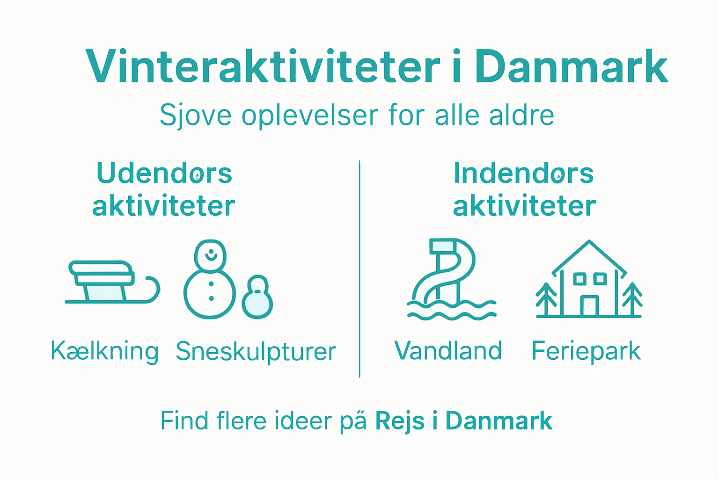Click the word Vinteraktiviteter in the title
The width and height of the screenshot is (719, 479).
(263, 67)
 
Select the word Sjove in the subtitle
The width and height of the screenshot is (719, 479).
(195, 115)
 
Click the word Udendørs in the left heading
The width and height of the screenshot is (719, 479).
(164, 173)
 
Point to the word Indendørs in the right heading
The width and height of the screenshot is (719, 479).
(523, 173)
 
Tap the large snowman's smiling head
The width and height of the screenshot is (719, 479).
(211, 255)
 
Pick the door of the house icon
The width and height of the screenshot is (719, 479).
(589, 305)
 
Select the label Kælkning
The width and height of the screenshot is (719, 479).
(104, 351)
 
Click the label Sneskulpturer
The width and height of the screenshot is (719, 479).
(256, 352)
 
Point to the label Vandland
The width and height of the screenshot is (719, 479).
(448, 351)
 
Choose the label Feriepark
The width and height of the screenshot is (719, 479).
(586, 351)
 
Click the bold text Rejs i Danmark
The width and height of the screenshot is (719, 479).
(463, 421)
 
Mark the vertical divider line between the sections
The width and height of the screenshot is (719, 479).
(359, 269)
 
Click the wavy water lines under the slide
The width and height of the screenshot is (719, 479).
(452, 311)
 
